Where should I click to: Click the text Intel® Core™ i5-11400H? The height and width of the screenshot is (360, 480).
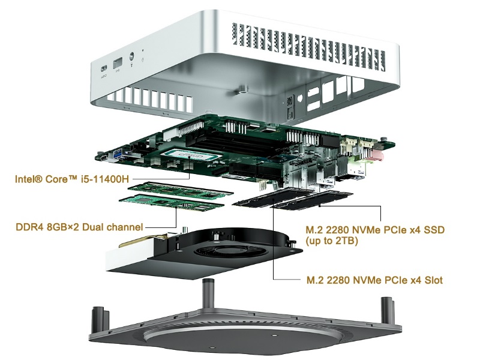coord(73,179)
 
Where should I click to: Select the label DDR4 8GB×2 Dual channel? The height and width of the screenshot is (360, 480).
coord(79,227)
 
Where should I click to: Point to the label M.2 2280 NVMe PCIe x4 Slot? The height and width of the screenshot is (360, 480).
coord(375,280)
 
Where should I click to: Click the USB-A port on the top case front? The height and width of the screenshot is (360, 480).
coord(118,62)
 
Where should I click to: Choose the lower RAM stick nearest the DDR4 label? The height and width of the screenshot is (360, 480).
coord(171,205)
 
